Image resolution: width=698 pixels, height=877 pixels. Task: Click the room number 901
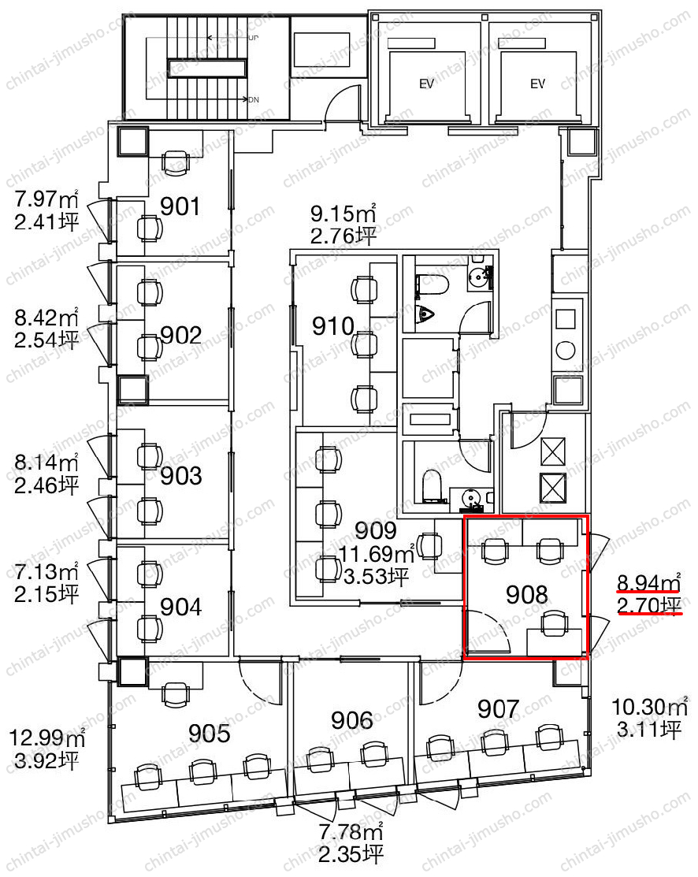[180, 206]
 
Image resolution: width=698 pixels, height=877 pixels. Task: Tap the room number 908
[527, 595]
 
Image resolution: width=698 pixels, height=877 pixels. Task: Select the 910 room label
[333, 326]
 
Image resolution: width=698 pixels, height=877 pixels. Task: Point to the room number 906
[352, 720]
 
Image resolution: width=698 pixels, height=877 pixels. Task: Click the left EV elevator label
[426, 84]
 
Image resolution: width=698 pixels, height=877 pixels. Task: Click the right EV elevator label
[537, 84]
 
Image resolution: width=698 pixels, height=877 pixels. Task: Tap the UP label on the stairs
[254, 38]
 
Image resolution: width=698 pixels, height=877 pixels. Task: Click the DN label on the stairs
[254, 99]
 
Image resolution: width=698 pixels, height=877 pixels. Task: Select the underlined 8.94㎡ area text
[649, 582]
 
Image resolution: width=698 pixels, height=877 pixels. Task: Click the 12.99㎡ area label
[46, 738]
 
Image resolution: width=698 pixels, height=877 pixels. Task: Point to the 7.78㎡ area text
[351, 832]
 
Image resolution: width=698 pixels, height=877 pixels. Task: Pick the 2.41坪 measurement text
[46, 222]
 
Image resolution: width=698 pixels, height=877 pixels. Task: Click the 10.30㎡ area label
[649, 707]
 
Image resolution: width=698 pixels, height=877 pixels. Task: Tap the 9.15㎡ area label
[343, 214]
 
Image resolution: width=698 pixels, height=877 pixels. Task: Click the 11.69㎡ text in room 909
[377, 554]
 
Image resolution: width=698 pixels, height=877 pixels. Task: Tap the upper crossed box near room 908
[553, 452]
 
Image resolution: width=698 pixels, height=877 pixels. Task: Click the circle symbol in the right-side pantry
[566, 351]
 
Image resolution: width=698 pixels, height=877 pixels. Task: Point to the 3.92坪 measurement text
[46, 760]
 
